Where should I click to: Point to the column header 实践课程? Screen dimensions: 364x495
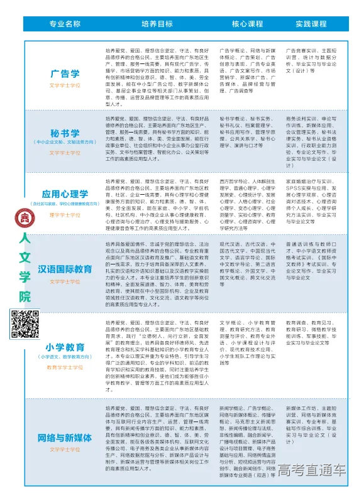[x=311, y=24]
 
